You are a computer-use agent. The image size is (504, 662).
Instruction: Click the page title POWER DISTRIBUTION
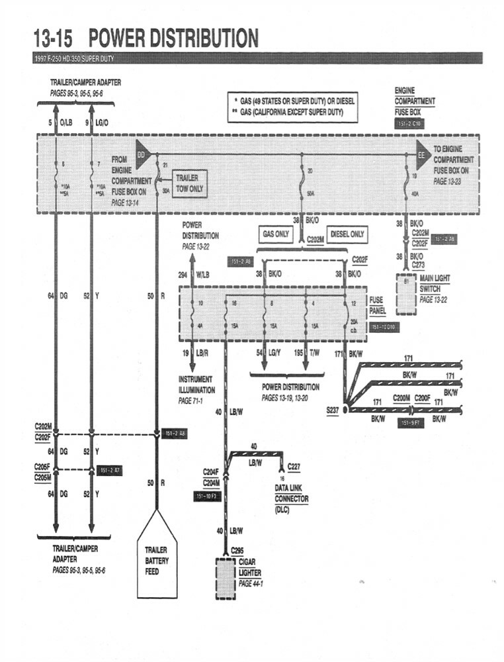tap(173, 38)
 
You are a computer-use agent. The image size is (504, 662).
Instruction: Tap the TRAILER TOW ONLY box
tap(190, 183)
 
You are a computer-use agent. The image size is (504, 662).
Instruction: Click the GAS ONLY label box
tap(276, 234)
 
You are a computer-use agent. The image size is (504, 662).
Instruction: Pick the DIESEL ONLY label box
tap(347, 234)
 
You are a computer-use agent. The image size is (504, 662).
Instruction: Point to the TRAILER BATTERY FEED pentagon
tap(157, 559)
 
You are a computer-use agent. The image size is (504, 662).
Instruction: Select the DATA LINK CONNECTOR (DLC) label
tap(291, 498)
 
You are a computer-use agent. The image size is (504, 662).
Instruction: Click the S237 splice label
tap(333, 410)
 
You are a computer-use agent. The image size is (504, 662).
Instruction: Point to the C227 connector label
tap(294, 467)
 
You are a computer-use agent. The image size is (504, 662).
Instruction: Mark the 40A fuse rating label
tap(414, 194)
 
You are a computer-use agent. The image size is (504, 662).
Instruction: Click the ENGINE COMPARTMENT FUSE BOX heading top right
tap(415, 101)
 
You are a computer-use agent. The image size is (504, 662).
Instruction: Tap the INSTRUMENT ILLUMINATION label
tap(196, 385)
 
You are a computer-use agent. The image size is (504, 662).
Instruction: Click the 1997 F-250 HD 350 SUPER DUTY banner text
tap(73, 59)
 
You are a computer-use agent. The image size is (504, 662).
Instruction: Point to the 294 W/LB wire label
tap(196, 273)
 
